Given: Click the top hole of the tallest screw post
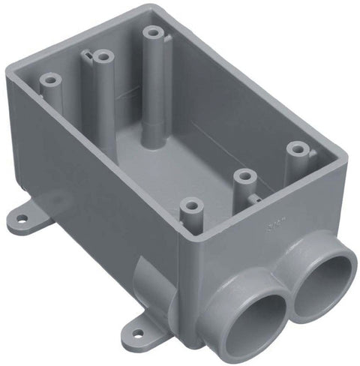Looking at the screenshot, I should [154, 34].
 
